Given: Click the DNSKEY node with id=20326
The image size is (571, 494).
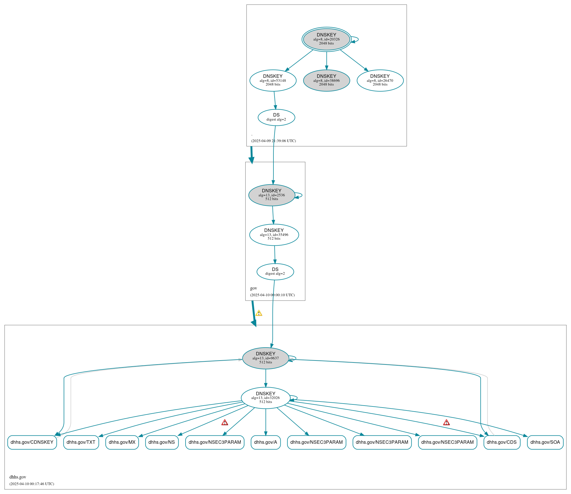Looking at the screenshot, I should point(326,39).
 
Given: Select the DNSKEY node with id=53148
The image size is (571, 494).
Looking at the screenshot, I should point(273,81).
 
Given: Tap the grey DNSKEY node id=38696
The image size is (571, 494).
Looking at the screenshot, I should point(326,81).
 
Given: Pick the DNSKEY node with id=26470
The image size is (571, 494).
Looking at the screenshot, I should point(380,81).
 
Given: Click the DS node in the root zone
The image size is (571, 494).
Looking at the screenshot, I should point(276,117).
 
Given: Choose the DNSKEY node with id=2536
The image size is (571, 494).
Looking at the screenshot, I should point(271,195).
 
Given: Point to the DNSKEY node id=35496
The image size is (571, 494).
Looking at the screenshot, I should point(274,235).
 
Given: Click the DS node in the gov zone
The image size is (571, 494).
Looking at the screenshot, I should point(275,272).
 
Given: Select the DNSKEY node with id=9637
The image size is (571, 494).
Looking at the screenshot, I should point(265,358).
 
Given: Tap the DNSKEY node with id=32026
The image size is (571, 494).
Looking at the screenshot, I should point(265,398).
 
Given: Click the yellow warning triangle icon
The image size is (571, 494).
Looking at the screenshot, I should point(259,313).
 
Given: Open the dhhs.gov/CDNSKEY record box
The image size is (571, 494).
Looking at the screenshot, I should point(32,442).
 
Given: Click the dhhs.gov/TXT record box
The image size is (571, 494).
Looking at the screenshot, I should point(81,442).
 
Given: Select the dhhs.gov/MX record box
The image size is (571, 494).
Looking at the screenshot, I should point(122,442).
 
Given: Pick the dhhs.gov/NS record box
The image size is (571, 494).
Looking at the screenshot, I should point(162,442).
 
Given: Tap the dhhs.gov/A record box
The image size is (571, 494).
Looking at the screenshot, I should point(265,442).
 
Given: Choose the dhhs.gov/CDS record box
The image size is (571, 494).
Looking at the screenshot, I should point(501,442).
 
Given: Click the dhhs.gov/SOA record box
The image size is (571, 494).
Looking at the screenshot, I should point(545,442).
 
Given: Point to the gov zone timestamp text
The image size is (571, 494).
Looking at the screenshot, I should point(272,295).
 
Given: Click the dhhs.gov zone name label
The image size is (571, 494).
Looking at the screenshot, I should point(18,477).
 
